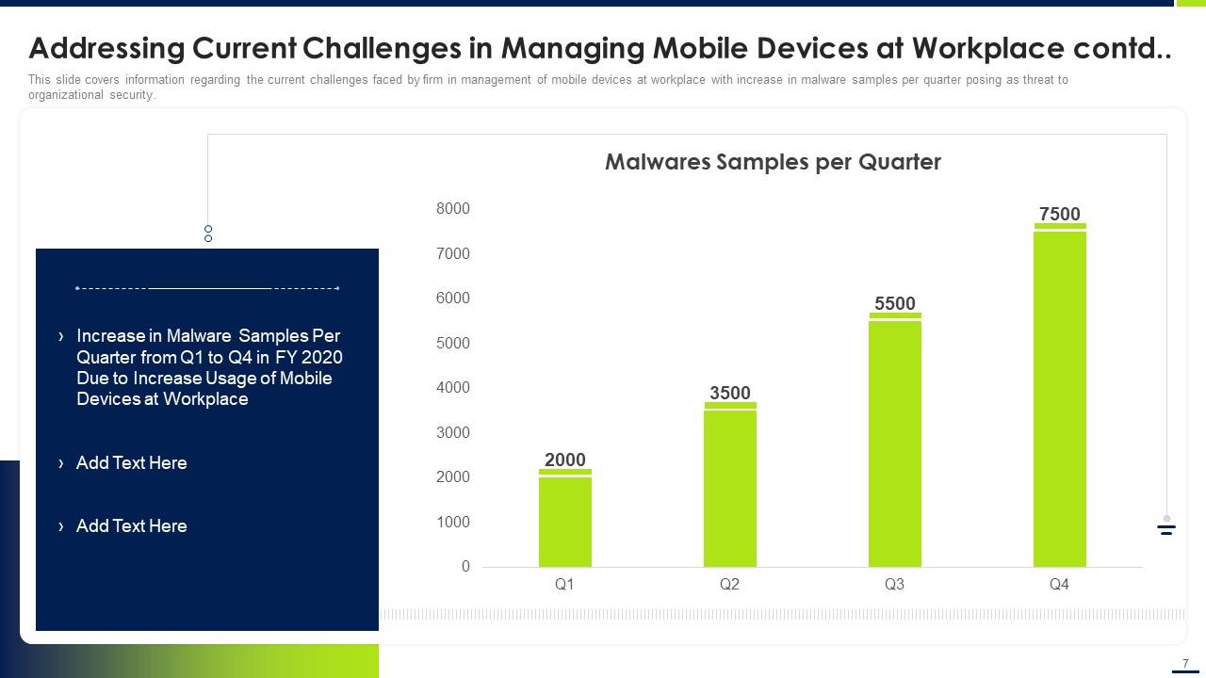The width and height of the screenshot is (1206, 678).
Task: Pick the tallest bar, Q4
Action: [x=1060, y=395]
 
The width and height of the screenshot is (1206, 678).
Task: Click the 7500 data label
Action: [x=1060, y=214]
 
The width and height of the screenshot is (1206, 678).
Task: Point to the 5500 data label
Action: [x=895, y=303]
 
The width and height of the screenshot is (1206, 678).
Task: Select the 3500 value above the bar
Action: [x=730, y=393]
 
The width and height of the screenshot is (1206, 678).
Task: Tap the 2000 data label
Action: [x=565, y=460]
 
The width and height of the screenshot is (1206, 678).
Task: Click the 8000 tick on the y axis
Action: [x=453, y=208]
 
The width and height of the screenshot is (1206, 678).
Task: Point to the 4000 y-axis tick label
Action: [x=453, y=387]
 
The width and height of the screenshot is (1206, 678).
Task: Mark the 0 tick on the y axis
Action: [x=465, y=567]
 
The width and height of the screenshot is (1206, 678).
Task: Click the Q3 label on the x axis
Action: [x=894, y=585]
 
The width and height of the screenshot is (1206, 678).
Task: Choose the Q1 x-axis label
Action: [x=564, y=585]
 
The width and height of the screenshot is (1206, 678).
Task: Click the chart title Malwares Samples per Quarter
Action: [x=773, y=162]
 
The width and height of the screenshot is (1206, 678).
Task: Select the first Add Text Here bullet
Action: [x=131, y=462]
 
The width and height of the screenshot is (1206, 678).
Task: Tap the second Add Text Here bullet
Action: [x=131, y=525]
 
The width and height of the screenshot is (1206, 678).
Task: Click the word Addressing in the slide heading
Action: [x=105, y=48]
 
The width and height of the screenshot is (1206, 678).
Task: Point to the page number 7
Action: [x=1185, y=663]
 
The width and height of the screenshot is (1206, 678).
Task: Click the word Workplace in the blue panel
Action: [x=205, y=399]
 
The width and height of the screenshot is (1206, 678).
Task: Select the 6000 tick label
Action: [x=453, y=298]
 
